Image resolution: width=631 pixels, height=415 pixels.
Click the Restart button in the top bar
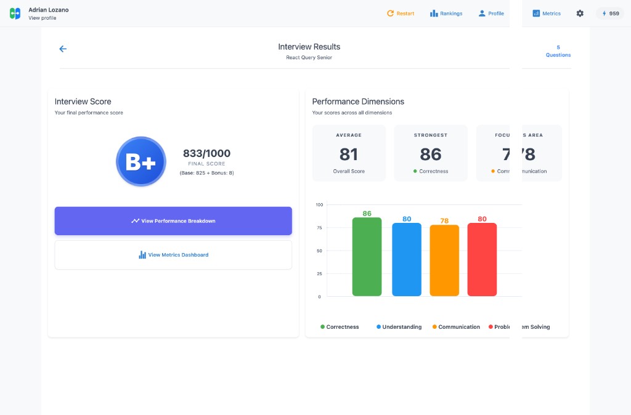coord(401,14)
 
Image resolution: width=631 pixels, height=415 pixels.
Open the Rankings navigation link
coord(446,14)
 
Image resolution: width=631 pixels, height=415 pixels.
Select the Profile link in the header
coord(491,14)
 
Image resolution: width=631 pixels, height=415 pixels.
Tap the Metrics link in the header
coord(547,14)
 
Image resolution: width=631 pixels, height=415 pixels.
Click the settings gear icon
coord(580,14)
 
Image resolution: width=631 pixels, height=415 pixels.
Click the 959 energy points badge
coord(610,14)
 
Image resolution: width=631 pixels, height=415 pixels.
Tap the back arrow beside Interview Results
coord(63,49)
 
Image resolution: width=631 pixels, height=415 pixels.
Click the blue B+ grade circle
coord(141,161)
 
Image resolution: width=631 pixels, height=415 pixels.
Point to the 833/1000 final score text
coord(206,153)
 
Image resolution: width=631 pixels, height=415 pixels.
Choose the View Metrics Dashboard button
coord(173,255)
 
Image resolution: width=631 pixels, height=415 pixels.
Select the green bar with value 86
coord(367,257)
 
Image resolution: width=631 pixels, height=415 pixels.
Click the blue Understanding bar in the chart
coord(407,259)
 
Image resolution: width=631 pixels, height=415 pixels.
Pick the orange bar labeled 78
coord(444,260)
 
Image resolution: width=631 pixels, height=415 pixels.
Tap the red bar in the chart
coord(482,259)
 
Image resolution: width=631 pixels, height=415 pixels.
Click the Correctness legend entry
coord(340,327)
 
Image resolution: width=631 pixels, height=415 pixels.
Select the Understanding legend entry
coord(399,327)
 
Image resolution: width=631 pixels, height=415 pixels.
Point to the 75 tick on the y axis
coord(319,228)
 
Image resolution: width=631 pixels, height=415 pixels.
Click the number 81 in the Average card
coord(349,154)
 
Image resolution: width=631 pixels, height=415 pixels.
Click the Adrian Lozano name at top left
coord(49,10)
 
